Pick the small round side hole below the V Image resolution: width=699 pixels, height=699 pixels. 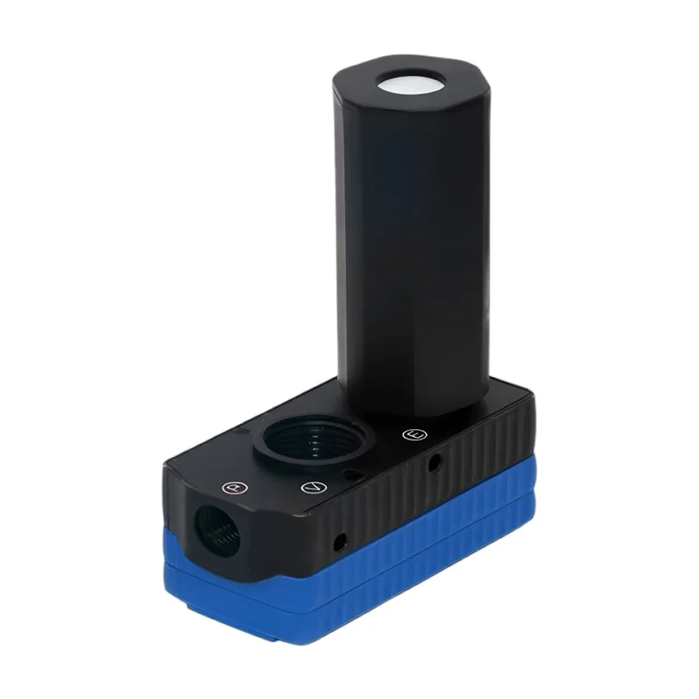341,542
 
